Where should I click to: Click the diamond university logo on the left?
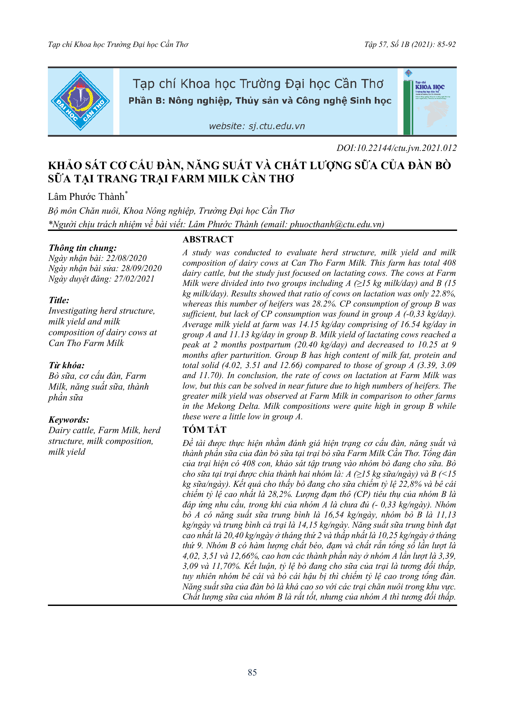(80, 101)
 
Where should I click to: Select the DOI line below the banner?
(396, 148)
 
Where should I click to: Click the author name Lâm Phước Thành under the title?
(86, 197)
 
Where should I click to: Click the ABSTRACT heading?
(208, 239)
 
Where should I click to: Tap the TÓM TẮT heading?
(204, 430)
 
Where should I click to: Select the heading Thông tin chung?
(83, 248)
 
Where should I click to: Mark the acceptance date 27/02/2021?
(134, 279)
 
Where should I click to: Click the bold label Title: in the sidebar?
(59, 300)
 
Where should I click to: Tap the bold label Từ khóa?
(66, 366)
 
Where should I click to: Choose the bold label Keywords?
(69, 420)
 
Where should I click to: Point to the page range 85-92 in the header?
(447, 45)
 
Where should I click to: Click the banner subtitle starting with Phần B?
(260, 101)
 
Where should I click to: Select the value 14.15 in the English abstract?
(310, 325)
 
